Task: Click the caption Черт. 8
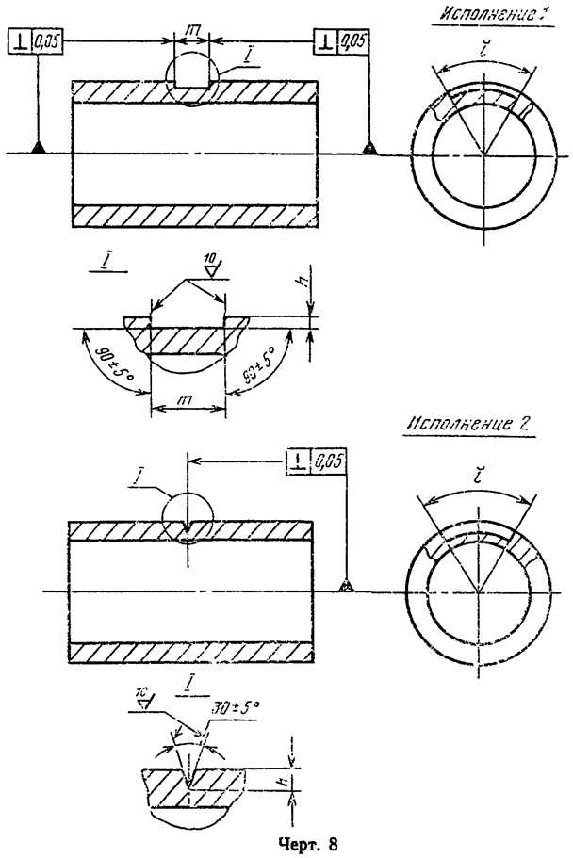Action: [x=287, y=842]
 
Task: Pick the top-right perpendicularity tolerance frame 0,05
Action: [x=342, y=41]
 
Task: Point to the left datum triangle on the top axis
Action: [x=38, y=147]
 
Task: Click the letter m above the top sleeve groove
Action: [x=193, y=33]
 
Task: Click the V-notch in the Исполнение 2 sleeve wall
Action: [x=188, y=532]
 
